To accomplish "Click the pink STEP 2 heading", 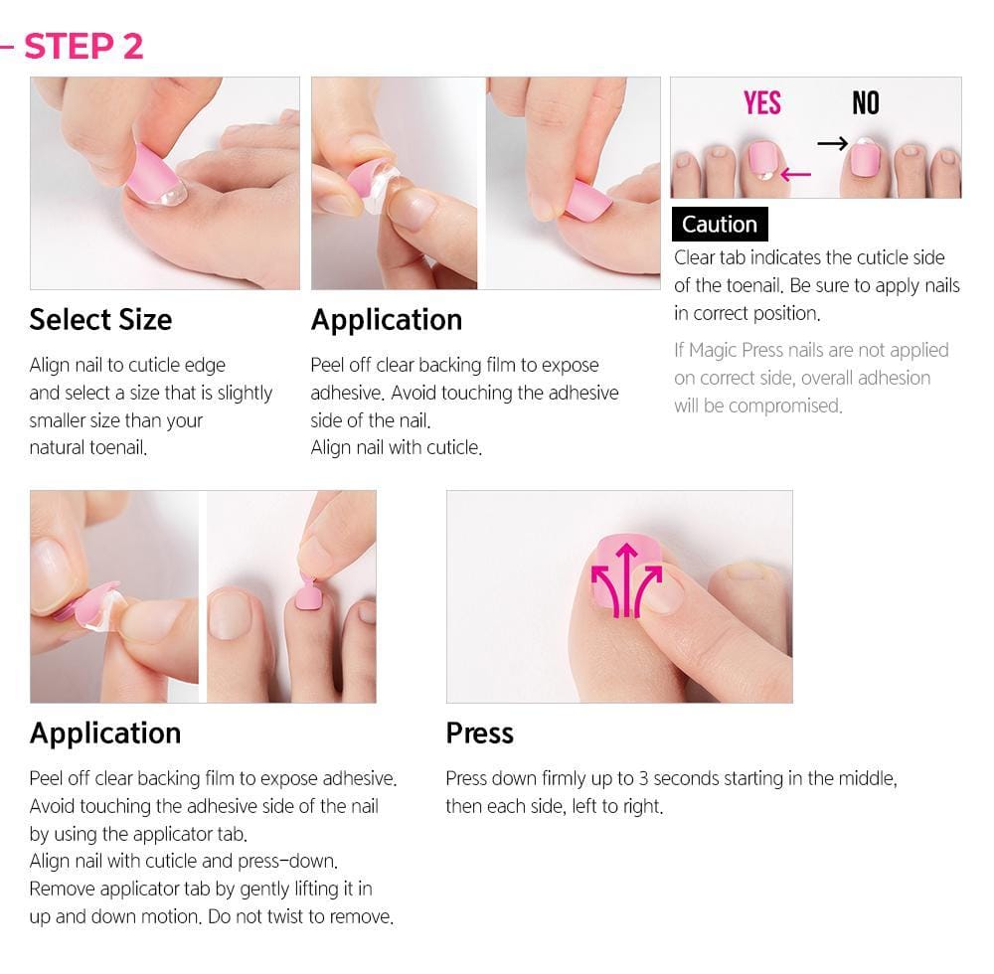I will [x=83, y=46].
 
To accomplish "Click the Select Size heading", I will [x=100, y=319].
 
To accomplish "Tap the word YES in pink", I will [x=762, y=103].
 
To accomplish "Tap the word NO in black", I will [x=866, y=103].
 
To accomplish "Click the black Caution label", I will [x=719, y=225].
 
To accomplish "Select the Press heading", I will [x=479, y=732].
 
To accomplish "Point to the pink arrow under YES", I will [x=795, y=176].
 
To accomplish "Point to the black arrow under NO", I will [x=832, y=144].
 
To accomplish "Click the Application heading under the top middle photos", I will [x=386, y=319].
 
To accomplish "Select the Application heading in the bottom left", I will [x=104, y=732].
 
